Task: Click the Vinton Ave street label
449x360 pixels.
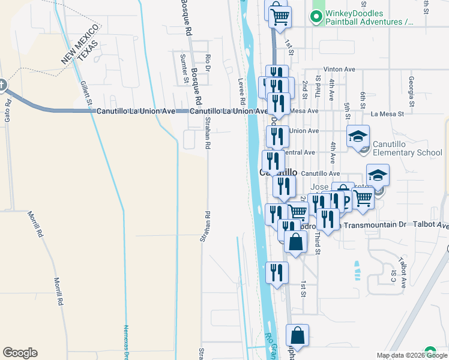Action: click(340, 70)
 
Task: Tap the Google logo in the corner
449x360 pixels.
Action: click(20, 353)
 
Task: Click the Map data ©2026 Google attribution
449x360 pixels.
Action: click(412, 355)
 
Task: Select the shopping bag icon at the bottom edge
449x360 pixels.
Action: click(297, 337)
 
